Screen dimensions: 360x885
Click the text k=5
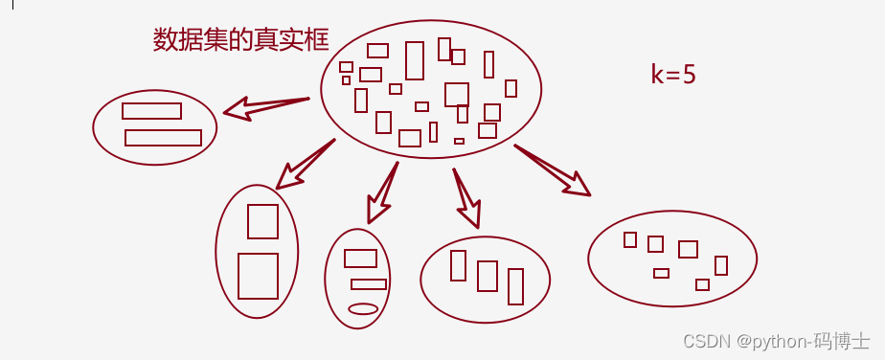pos(672,76)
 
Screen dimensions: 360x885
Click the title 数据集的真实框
pos(240,39)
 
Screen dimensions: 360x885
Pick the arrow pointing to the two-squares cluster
pos(305,164)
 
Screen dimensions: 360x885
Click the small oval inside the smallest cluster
pos(363,308)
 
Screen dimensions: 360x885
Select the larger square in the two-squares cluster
pos(258,276)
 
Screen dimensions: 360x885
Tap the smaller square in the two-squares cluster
pos(262,221)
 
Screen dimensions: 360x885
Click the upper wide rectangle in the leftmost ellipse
pos(151,111)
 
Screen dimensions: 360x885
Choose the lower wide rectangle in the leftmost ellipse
pos(163,138)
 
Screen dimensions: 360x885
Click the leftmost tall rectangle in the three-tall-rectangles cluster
pos(458,265)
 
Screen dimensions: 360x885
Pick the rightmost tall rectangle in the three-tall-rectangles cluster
pos(515,286)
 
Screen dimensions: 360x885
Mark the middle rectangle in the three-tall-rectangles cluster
pos(487,275)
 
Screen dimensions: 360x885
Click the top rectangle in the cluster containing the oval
pos(360,258)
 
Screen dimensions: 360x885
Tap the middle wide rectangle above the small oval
pos(369,284)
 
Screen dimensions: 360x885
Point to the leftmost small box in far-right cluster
pos(630,239)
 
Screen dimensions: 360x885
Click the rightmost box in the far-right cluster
pos(721,265)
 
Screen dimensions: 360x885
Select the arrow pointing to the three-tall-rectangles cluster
pos(466,197)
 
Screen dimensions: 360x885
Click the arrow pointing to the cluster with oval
pos(383,192)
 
